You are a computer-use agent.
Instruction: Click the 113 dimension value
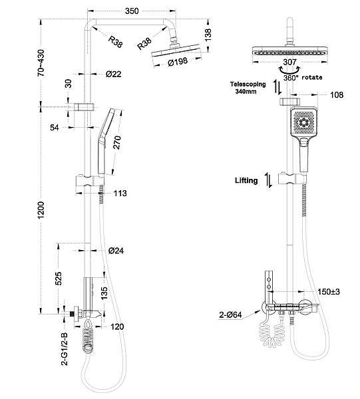pyautogui.click(x=120, y=194)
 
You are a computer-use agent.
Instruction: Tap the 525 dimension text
pyautogui.click(x=58, y=278)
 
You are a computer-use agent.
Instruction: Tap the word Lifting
pyautogui.click(x=246, y=180)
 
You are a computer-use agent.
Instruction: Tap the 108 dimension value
pyautogui.click(x=337, y=95)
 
